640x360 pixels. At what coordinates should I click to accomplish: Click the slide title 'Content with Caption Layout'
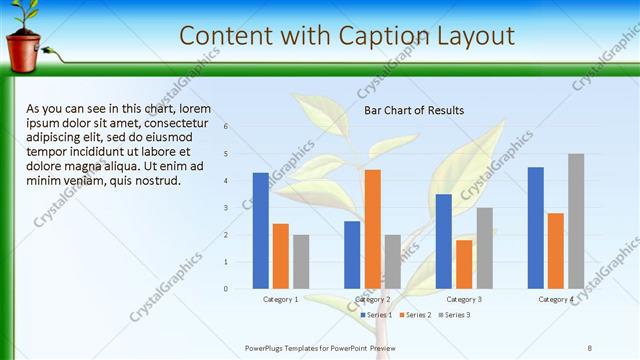click(347, 36)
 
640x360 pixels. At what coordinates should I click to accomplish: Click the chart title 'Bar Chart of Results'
click(413, 110)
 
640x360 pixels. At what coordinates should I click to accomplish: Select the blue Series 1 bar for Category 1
click(261, 231)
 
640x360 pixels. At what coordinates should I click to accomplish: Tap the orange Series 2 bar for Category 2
click(372, 229)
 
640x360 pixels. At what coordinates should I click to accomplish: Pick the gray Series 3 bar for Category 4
click(576, 221)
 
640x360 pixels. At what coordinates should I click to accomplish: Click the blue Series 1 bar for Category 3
click(444, 241)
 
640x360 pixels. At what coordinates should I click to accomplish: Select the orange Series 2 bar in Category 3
click(464, 264)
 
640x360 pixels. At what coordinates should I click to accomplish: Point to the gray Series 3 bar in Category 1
click(301, 261)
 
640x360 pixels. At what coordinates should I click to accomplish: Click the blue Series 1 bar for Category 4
click(536, 228)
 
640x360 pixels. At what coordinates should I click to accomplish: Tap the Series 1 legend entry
click(376, 315)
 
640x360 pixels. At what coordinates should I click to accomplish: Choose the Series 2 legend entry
click(415, 315)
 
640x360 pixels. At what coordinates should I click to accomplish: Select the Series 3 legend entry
click(454, 315)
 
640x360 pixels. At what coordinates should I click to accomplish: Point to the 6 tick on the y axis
click(227, 127)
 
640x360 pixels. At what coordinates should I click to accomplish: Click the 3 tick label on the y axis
click(227, 208)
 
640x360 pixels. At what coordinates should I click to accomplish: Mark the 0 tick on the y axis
click(227, 289)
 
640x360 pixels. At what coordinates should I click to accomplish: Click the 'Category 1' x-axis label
click(281, 299)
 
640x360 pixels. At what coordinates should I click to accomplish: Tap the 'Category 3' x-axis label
click(464, 299)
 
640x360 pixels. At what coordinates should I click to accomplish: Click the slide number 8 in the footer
click(589, 348)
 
